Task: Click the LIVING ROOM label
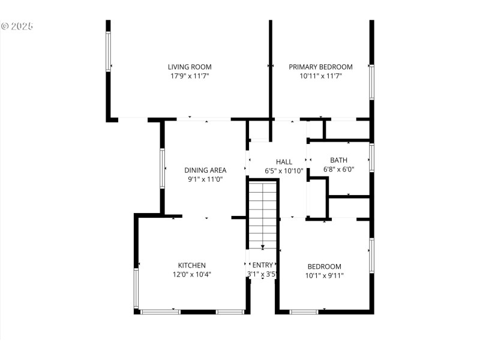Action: [190, 67]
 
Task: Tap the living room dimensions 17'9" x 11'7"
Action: [190, 76]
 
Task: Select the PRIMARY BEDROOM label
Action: [320, 67]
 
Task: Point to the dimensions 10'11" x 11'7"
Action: [320, 76]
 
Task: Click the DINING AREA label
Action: [205, 170]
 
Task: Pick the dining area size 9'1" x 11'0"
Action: [205, 179]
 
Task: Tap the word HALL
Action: [284, 162]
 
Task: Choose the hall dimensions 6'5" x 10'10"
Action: [284, 171]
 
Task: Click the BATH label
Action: [338, 160]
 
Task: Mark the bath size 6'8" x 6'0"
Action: [338, 169]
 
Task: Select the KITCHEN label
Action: [192, 265]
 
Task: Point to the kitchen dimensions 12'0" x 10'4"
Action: [192, 274]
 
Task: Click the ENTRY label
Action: [262, 265]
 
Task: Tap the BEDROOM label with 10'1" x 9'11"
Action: [324, 266]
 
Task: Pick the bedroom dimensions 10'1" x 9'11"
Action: [324, 275]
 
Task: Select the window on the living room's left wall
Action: [108, 50]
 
